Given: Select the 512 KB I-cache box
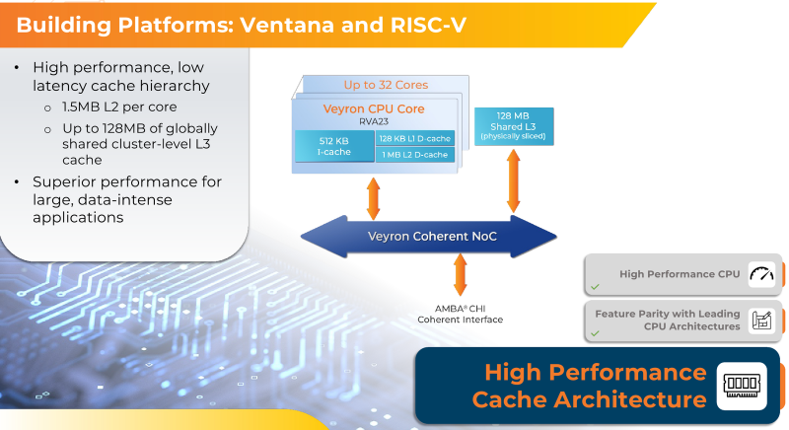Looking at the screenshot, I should (334, 146).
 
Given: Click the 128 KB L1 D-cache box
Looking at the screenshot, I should (415, 138).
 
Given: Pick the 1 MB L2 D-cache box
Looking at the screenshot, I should (415, 155).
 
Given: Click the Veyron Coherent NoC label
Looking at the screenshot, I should (425, 237).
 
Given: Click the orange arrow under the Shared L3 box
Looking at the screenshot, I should (514, 180).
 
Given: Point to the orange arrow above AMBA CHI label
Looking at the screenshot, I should (460, 273).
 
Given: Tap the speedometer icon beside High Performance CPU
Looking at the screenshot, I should (759, 275).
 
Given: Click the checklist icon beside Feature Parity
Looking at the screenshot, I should (759, 321).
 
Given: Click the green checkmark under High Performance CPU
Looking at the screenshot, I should (595, 288).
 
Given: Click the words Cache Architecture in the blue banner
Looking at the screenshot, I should (589, 399).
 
